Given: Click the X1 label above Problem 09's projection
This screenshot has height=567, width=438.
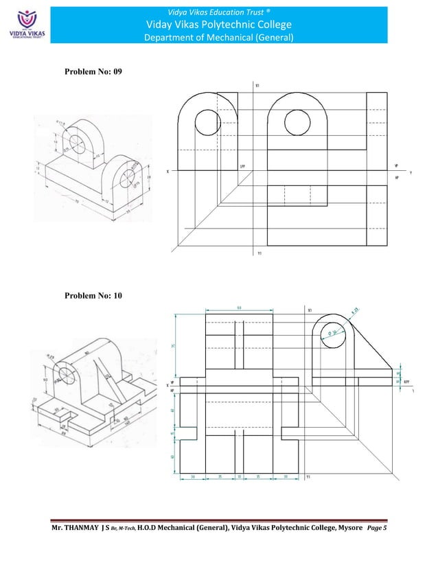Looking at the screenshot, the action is tap(257, 86).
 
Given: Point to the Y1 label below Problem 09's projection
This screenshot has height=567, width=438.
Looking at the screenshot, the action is tap(259, 253).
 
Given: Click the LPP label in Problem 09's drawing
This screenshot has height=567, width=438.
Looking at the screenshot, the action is tap(243, 165).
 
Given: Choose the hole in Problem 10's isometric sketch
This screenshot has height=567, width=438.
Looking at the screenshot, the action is tap(67, 375).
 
